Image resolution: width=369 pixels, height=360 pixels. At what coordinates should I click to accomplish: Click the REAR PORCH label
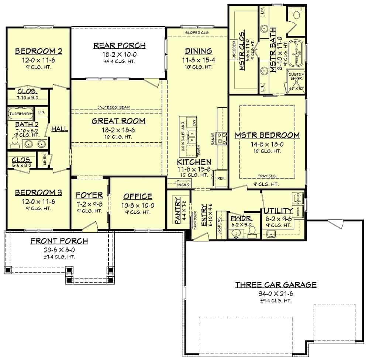click(119, 45)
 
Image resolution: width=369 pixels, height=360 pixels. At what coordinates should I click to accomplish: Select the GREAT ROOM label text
click(118, 121)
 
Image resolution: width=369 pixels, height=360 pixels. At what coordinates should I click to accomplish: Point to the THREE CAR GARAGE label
click(276, 284)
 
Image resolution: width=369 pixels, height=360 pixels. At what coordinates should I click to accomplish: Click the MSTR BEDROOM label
click(267, 135)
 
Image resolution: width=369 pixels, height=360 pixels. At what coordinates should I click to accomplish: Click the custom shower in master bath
click(296, 81)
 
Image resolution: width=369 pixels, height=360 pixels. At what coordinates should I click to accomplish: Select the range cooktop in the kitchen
click(222, 138)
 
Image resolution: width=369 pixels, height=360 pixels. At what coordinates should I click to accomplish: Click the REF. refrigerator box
click(221, 178)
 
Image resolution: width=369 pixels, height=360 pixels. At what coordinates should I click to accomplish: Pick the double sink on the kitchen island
click(192, 136)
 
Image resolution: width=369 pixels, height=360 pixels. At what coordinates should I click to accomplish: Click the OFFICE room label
click(138, 196)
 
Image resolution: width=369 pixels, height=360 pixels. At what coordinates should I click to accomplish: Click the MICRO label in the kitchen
click(183, 184)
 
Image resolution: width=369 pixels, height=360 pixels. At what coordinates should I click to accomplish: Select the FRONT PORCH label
click(59, 241)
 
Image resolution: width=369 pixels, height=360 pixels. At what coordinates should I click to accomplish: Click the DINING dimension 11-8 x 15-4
click(198, 59)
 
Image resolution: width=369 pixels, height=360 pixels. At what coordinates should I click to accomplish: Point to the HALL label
click(59, 129)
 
